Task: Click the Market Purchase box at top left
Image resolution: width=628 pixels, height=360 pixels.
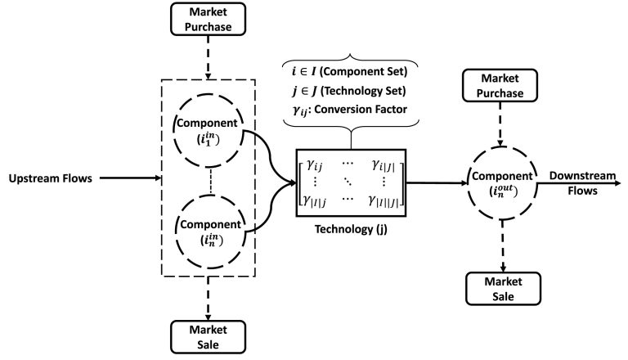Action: [210, 20]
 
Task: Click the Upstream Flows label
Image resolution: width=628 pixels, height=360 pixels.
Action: [50, 177]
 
